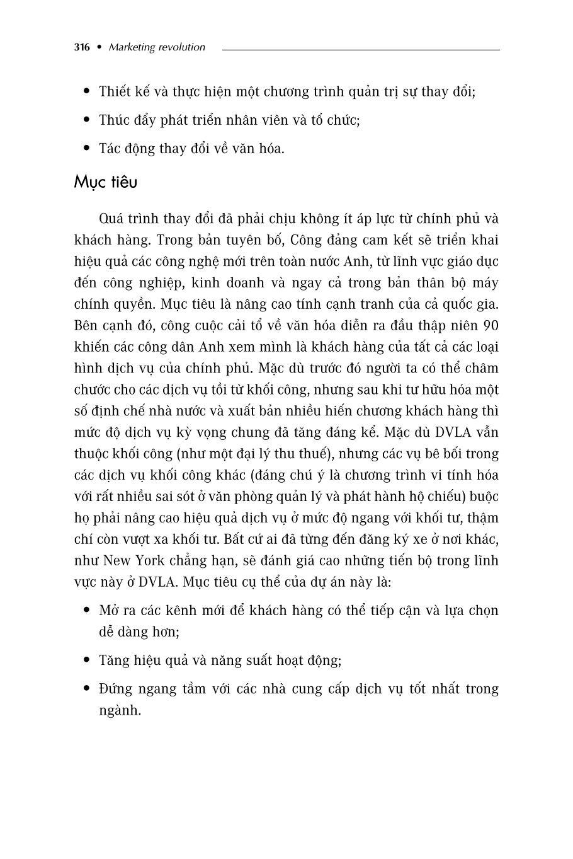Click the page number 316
tap(81, 47)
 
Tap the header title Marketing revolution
tap(157, 47)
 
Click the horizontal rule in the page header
tap(361, 49)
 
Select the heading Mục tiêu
tap(105, 182)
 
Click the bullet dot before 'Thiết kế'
tap(87, 92)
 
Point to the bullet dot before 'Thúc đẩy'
tap(87, 120)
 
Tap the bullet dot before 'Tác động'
tap(87, 149)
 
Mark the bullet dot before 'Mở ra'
tap(87, 611)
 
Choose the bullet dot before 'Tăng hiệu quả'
tap(87, 660)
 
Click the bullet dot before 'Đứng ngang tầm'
tap(87, 689)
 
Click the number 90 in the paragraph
tap(489, 326)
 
